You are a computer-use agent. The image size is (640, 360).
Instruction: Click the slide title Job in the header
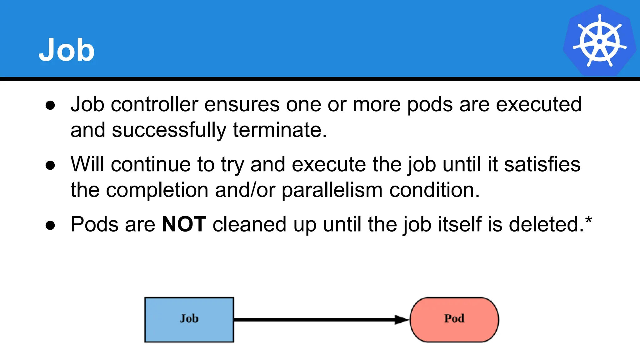66,50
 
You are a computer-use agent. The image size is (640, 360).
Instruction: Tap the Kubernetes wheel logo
599,41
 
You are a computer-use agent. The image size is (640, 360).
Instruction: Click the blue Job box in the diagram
189,320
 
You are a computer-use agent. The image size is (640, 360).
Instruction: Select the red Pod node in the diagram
454,320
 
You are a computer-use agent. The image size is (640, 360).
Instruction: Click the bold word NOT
184,224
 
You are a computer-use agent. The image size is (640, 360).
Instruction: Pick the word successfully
169,130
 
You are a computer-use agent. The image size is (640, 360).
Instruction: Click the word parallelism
332,190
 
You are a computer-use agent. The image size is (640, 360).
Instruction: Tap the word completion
157,190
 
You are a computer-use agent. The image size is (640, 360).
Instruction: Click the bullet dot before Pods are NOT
50,225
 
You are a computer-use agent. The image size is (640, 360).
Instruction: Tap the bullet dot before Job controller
50,105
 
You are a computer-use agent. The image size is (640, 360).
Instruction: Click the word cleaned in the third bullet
249,224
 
